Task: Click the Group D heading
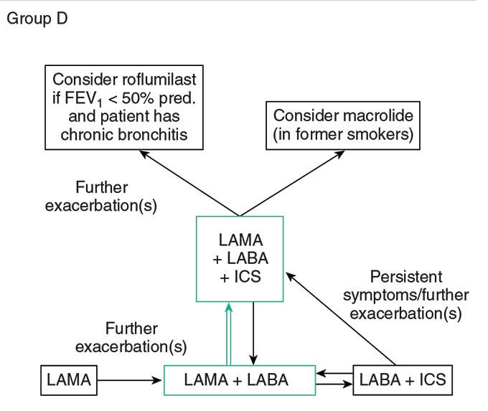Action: [37, 19]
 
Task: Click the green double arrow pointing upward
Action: [229, 336]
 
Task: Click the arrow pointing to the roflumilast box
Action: [189, 183]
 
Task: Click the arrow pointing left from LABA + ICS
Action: [334, 373]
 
